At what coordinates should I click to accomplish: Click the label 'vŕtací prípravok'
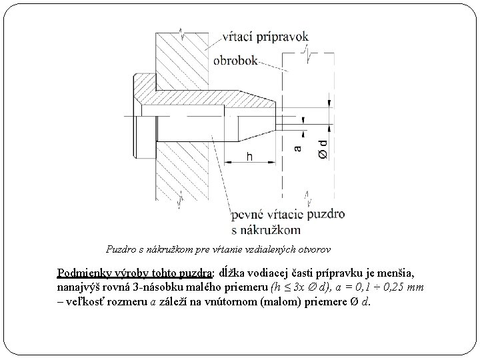(261, 38)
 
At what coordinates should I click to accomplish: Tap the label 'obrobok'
(235, 60)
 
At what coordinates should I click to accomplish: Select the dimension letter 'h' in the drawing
(249, 156)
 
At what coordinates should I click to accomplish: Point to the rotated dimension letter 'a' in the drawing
(298, 148)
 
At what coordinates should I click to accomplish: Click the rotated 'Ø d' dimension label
(323, 148)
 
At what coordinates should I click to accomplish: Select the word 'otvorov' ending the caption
(314, 250)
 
